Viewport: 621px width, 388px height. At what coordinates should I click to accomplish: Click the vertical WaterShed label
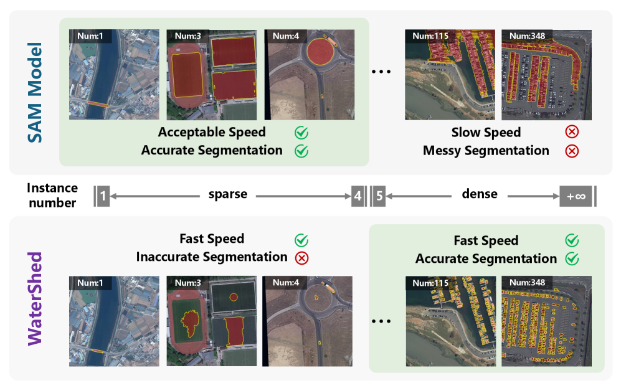click(x=36, y=297)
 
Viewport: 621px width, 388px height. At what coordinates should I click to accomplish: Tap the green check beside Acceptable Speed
click(x=301, y=133)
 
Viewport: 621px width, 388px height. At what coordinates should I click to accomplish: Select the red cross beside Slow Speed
click(x=571, y=133)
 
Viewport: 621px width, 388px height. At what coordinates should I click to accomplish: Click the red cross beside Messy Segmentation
click(x=571, y=151)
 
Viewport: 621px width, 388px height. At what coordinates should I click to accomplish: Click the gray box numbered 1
click(x=103, y=196)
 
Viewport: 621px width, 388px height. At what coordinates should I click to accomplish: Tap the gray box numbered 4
click(x=357, y=196)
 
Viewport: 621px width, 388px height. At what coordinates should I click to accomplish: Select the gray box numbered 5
click(x=379, y=196)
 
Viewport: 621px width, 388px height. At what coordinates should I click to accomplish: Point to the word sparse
click(x=227, y=194)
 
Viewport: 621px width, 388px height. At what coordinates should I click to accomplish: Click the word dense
click(x=480, y=194)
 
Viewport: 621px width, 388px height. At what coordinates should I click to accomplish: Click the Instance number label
click(x=52, y=196)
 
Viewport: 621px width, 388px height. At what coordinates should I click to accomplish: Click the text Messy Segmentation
click(x=486, y=151)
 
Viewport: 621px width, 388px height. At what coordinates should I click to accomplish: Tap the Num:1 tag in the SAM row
click(x=90, y=35)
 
